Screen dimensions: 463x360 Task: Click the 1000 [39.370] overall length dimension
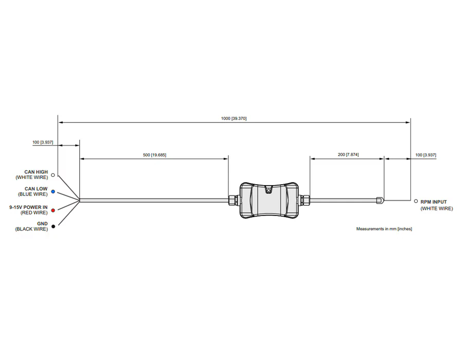click(x=234, y=118)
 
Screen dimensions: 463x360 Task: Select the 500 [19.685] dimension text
click(x=154, y=155)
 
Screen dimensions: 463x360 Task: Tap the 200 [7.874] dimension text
click(x=348, y=155)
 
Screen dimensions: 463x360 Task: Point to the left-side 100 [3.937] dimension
click(x=43, y=142)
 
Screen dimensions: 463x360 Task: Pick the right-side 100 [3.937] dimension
click(x=425, y=155)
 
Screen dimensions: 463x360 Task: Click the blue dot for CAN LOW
click(x=53, y=191)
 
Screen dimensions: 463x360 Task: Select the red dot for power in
click(x=53, y=210)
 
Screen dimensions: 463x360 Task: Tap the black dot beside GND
click(x=53, y=226)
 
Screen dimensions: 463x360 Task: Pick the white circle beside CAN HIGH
click(x=53, y=175)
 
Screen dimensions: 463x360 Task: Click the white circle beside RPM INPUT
click(x=416, y=201)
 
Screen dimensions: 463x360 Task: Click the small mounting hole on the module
click(x=269, y=191)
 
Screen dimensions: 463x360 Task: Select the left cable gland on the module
click(x=234, y=200)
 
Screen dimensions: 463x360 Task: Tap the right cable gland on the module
click(x=304, y=200)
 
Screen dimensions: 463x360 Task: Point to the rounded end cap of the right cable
click(x=380, y=200)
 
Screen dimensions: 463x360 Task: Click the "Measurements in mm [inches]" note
click(x=384, y=229)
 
